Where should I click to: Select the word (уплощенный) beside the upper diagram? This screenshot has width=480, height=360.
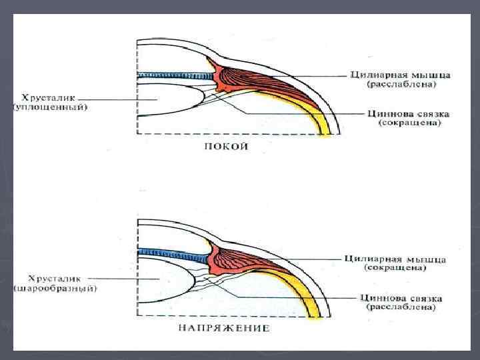50,107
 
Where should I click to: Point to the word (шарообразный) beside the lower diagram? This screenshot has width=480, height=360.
55,289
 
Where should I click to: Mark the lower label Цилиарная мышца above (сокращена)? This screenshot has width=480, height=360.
395,259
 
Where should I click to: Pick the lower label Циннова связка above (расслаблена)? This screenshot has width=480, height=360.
400,298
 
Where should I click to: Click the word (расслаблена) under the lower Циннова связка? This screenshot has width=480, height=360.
400,308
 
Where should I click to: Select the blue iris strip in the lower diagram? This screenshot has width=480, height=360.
173,253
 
